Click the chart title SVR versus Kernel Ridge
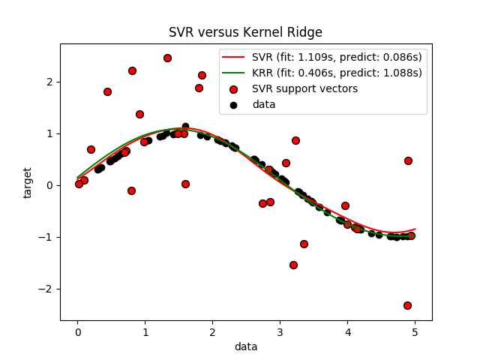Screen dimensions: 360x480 click(245, 32)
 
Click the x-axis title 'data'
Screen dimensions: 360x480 click(245, 346)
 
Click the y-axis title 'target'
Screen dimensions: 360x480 click(28, 182)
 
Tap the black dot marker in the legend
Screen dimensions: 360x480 click(234, 104)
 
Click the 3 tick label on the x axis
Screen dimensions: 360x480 click(280, 331)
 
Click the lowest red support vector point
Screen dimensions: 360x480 click(407, 305)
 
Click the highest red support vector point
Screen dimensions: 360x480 click(167, 58)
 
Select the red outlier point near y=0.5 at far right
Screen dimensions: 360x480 click(408, 160)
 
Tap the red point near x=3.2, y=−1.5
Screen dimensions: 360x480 click(293, 265)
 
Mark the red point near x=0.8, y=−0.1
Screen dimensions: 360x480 click(131, 190)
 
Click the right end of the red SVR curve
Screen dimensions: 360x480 click(415, 229)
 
